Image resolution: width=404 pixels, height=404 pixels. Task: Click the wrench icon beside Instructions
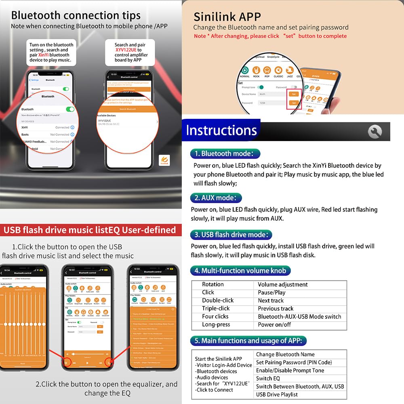click(x=375, y=131)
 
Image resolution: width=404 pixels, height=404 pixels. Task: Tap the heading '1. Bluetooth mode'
click(x=225, y=154)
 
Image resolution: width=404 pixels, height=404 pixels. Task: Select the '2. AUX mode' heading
click(x=216, y=198)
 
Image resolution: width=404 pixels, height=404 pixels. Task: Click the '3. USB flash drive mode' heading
click(x=231, y=235)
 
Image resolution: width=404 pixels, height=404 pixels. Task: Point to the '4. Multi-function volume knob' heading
click(x=240, y=271)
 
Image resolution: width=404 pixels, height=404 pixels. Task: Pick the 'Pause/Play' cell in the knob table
click(x=271, y=292)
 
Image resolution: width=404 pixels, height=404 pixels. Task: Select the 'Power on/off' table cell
click(x=274, y=324)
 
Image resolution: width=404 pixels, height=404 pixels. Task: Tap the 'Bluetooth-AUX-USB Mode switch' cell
click(x=299, y=316)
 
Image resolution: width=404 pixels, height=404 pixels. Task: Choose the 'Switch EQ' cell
click(x=268, y=379)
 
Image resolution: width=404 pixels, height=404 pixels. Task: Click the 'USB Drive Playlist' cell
click(x=277, y=394)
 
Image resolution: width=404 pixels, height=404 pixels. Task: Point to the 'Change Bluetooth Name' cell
click(x=285, y=354)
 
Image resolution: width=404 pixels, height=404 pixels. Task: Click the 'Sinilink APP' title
click(x=227, y=17)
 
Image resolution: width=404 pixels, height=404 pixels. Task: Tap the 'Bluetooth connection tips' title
click(x=76, y=15)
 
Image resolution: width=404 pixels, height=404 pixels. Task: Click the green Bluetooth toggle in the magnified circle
click(x=70, y=109)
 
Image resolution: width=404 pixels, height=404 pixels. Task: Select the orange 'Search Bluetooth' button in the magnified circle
click(x=128, y=109)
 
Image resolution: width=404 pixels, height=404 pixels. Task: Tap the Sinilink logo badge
click(x=164, y=160)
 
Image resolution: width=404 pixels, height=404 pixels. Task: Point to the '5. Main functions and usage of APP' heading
click(x=248, y=341)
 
